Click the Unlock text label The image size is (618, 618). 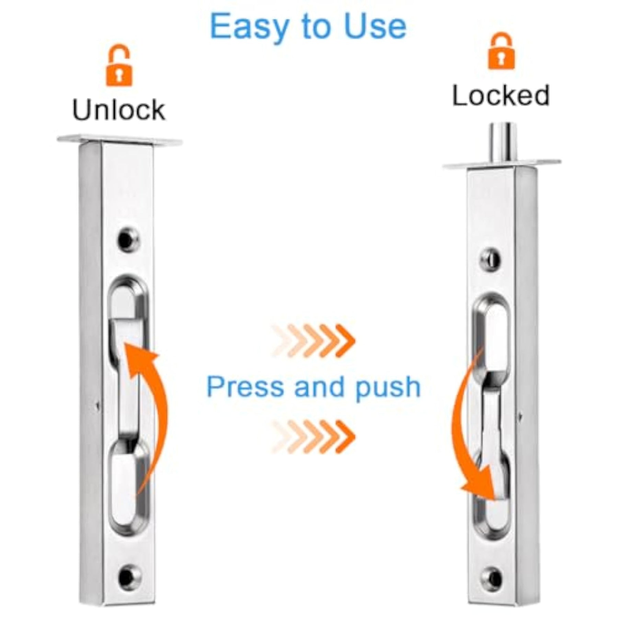[x=119, y=110]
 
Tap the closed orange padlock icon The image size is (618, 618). [x=502, y=51]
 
